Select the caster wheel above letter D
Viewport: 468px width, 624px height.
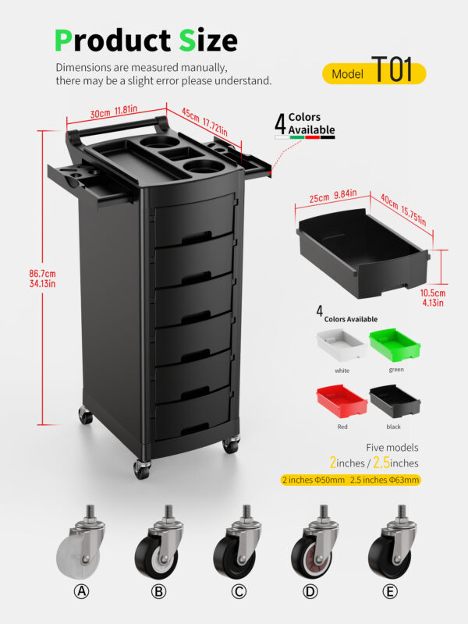pos(315,542)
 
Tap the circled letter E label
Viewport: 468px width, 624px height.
pos(390,592)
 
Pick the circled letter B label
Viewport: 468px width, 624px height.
pos(158,592)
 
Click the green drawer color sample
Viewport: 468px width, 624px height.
pos(395,345)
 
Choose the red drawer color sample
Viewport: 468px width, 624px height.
pos(342,401)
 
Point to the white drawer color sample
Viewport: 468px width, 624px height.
pos(342,345)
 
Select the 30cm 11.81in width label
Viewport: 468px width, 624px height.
pos(113,112)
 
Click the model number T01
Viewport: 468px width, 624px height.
pos(392,69)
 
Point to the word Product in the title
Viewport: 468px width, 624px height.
pos(112,41)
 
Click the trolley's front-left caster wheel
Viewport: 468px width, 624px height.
pos(142,469)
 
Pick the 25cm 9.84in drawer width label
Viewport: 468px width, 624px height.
pos(333,197)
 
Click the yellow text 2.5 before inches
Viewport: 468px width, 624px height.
pos(381,462)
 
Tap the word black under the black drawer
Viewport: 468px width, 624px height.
pos(394,427)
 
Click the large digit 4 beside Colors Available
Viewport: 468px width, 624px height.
pos(281,124)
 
